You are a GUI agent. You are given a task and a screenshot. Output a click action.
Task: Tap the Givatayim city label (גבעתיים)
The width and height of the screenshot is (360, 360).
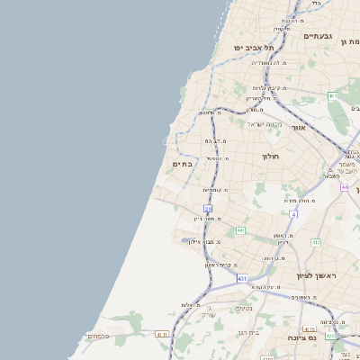click(319, 36)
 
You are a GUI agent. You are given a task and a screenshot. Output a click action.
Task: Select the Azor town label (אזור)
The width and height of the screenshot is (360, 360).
click(298, 128)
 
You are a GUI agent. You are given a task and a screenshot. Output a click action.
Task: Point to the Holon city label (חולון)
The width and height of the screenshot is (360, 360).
click(272, 157)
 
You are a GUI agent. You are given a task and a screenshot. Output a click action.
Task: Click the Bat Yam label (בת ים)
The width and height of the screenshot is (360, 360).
click(182, 164)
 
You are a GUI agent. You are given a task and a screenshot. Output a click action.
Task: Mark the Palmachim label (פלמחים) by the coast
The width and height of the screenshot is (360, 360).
click(97, 336)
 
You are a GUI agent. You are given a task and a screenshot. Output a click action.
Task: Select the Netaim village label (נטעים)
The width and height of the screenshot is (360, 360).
click(244, 309)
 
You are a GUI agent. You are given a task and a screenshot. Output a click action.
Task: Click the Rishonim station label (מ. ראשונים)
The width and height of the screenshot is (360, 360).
click(301, 297)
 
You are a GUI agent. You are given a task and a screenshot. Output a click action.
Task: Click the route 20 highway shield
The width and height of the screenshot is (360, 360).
click(208, 208)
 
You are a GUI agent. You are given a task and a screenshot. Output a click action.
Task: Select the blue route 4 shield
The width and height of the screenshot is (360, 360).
click(293, 214)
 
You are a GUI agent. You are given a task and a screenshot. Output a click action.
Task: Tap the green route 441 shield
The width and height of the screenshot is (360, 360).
click(240, 231)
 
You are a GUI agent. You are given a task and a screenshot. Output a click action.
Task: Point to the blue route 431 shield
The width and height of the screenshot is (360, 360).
click(242, 279)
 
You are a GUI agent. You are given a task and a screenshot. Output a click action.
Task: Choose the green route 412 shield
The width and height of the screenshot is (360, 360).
click(316, 243)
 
